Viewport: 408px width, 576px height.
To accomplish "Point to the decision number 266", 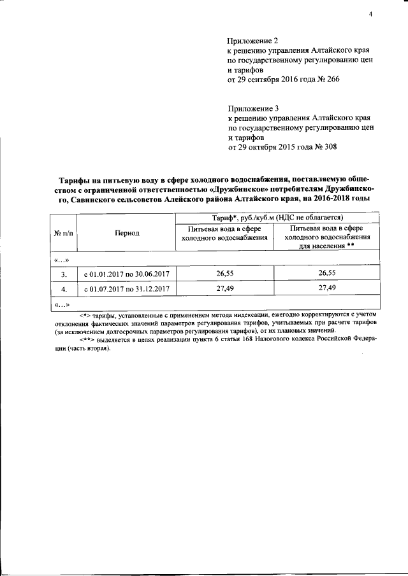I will pyautogui.click(x=326, y=80).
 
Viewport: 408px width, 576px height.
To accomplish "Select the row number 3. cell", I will pyautogui.click(x=64, y=274).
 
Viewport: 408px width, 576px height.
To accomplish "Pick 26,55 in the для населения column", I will pyautogui.click(x=326, y=274).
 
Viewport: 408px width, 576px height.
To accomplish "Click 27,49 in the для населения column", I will pyautogui.click(x=326, y=288).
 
